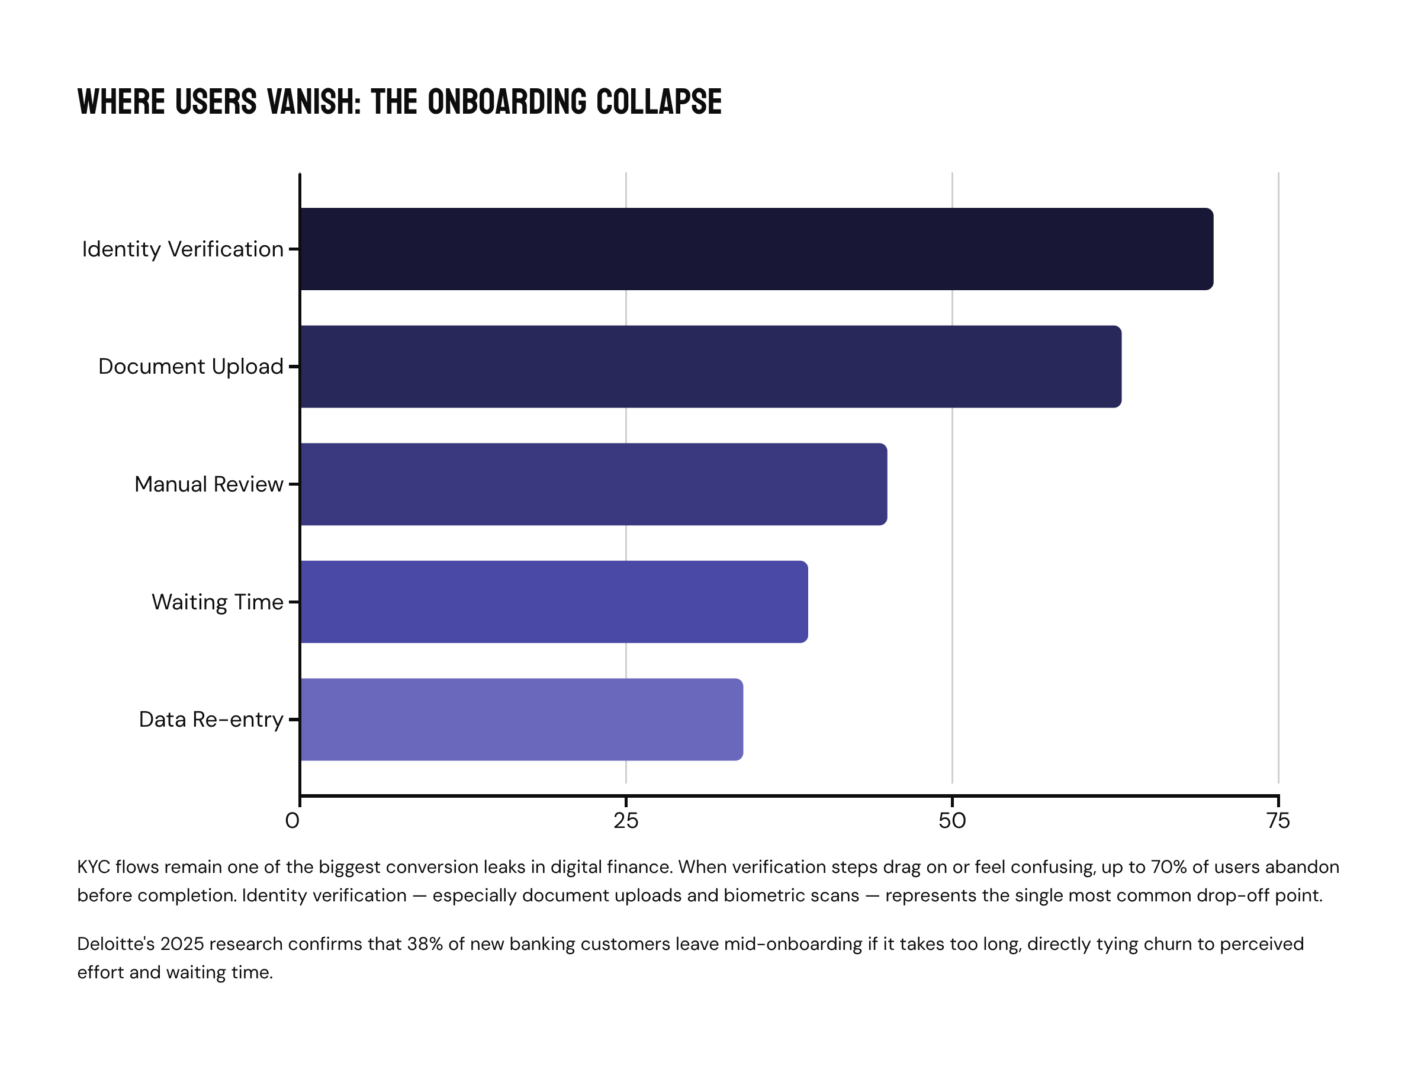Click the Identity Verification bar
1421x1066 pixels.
click(x=756, y=249)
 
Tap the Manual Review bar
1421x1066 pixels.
click(x=594, y=484)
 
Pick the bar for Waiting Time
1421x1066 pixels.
click(x=554, y=602)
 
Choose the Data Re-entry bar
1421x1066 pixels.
click(x=522, y=719)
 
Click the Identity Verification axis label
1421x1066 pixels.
click(x=182, y=249)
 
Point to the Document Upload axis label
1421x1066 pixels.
click(x=190, y=367)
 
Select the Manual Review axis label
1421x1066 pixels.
click(x=209, y=484)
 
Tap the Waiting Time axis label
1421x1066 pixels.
click(x=217, y=602)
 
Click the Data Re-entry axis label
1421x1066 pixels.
click(x=211, y=720)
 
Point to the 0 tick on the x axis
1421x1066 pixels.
click(x=293, y=821)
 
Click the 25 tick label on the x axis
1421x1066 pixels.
click(x=626, y=821)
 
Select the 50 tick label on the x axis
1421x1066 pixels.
click(x=952, y=821)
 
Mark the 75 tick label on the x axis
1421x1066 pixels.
click(x=1278, y=821)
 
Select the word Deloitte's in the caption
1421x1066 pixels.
click(x=115, y=944)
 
